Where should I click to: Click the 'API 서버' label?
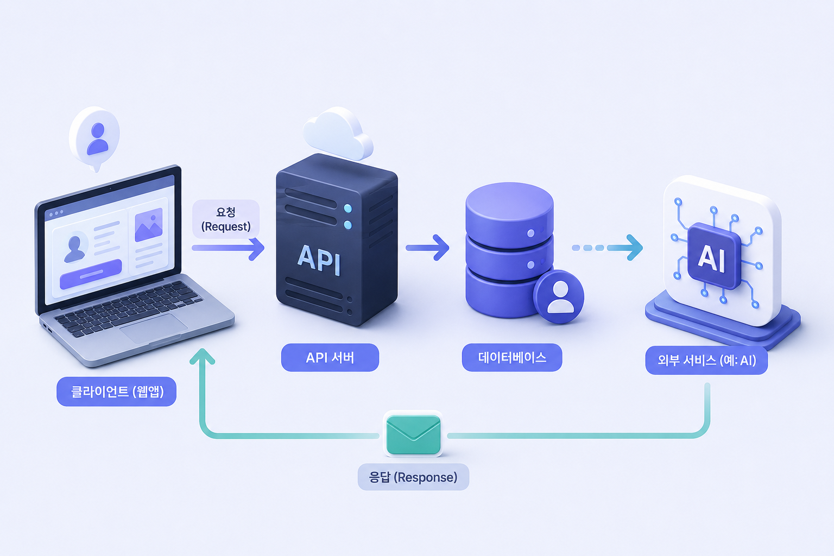click(x=330, y=357)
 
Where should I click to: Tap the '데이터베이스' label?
click(x=512, y=357)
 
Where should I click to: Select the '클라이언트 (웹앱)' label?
click(x=117, y=391)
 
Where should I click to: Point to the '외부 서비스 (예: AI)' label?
click(x=706, y=360)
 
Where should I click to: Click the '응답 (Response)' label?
click(x=413, y=477)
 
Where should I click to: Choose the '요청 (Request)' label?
click(x=226, y=219)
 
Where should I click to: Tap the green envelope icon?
click(x=413, y=434)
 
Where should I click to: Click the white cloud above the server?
click(x=337, y=134)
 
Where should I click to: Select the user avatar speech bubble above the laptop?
click(x=94, y=138)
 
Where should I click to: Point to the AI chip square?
click(x=714, y=256)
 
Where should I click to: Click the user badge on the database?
click(x=559, y=296)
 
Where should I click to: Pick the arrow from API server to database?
click(x=427, y=248)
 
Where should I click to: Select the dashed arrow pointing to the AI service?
click(x=607, y=248)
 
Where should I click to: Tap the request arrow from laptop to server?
click(x=228, y=248)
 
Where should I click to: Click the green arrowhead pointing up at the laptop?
click(x=202, y=356)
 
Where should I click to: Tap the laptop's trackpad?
click(x=154, y=328)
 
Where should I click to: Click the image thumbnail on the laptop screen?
click(x=149, y=225)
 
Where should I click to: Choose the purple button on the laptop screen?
click(x=91, y=274)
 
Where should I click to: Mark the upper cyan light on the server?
click(x=347, y=208)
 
